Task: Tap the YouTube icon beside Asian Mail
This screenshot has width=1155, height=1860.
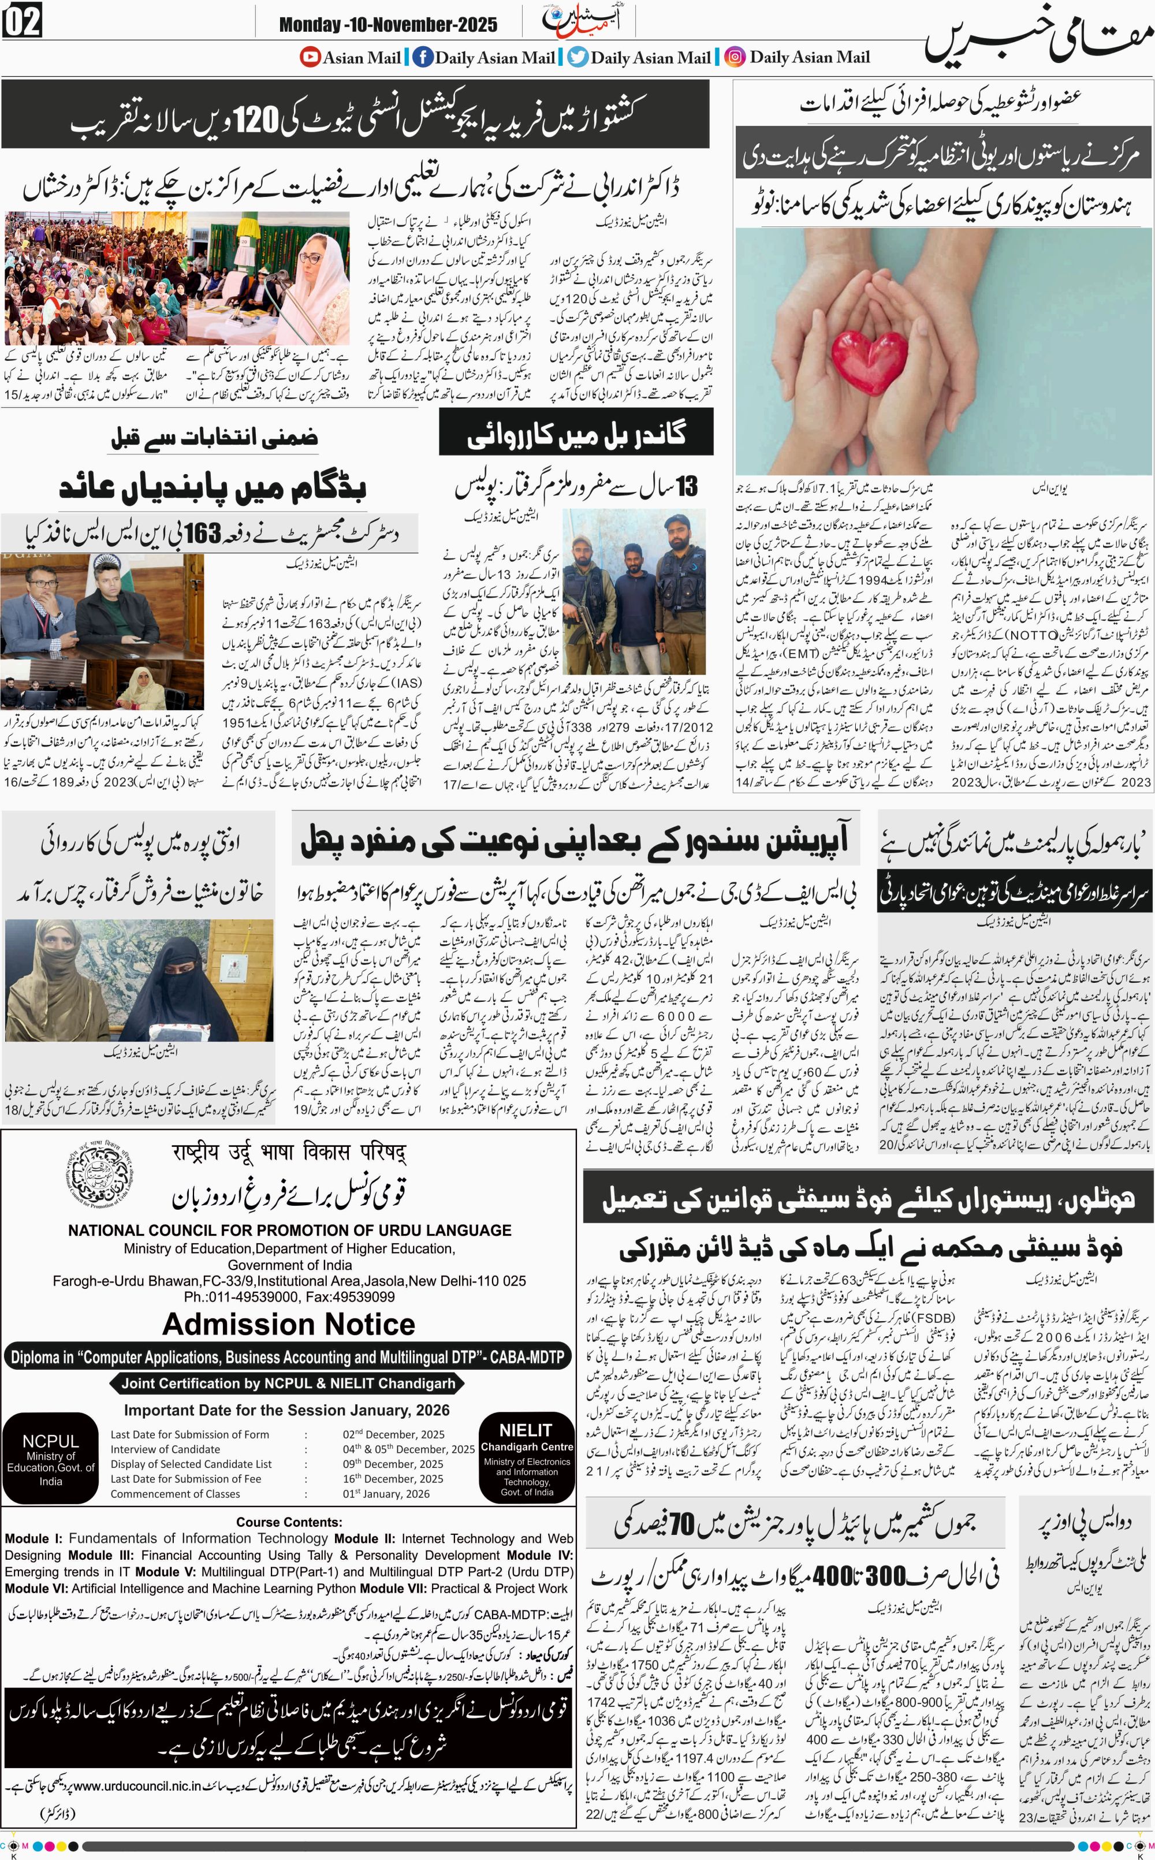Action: [x=310, y=57]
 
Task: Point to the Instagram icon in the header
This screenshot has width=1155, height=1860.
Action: [x=735, y=57]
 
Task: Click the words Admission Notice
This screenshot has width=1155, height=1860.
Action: [x=289, y=1323]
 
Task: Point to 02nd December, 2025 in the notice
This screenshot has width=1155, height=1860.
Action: [x=393, y=1434]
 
